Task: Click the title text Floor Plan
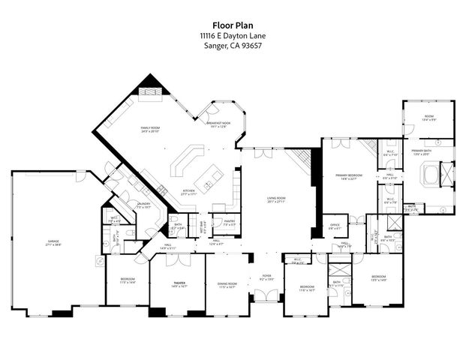click(233, 24)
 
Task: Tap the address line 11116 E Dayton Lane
click(233, 35)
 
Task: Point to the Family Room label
click(152, 130)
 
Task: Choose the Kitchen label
click(188, 191)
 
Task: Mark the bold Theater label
click(179, 283)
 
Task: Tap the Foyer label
click(266, 277)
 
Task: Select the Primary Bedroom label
click(349, 176)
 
